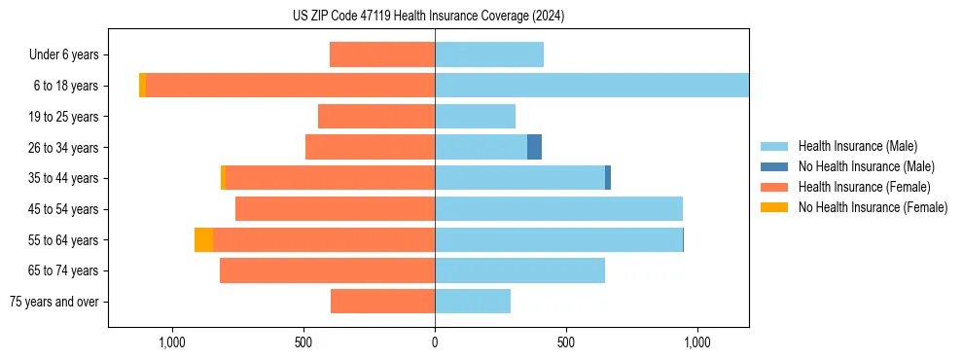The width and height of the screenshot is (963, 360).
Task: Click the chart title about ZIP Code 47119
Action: click(428, 17)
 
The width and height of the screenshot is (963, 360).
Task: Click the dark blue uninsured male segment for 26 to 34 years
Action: click(534, 147)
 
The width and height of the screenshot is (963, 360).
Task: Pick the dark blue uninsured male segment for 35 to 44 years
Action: click(608, 178)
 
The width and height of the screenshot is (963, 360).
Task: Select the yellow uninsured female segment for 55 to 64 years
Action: click(203, 239)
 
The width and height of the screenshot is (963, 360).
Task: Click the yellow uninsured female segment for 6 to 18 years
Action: click(142, 86)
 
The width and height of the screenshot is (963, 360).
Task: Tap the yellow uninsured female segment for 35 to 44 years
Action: click(223, 178)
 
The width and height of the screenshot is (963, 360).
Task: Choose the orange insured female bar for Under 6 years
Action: click(382, 54)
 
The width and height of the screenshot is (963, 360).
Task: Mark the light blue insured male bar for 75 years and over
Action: click(473, 302)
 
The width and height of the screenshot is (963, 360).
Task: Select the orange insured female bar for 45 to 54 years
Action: click(335, 209)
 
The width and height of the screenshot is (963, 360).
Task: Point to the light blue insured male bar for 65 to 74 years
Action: click(519, 270)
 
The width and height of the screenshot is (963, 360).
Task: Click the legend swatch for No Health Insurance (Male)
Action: click(774, 166)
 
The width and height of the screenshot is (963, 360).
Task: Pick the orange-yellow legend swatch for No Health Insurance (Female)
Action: click(774, 207)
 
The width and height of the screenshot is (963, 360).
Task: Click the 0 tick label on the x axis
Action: click(435, 343)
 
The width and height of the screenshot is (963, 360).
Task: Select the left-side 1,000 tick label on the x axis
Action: click(171, 343)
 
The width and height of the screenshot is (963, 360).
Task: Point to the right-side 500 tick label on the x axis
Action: click(566, 343)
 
